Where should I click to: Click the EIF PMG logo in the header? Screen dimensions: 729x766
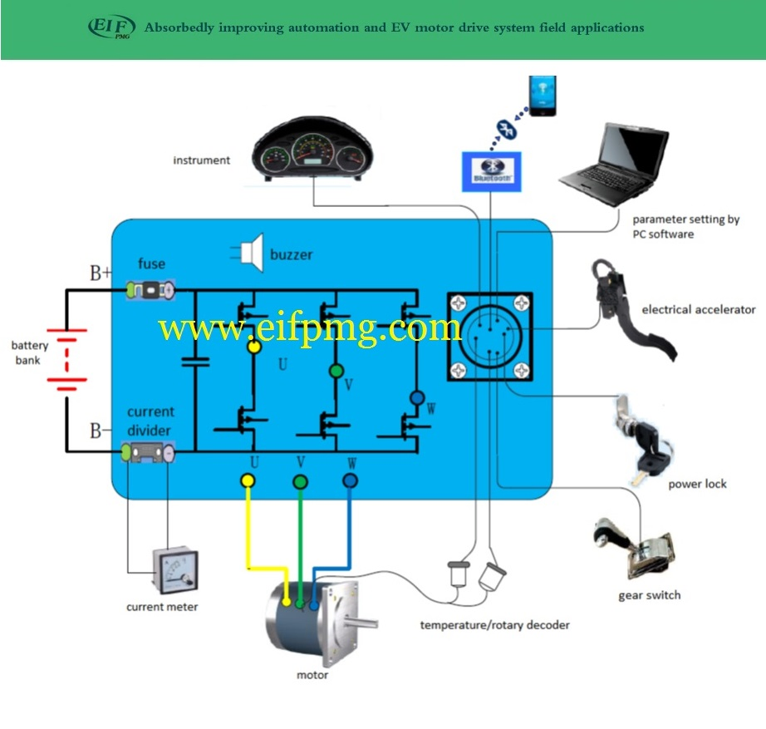pyautogui.click(x=111, y=27)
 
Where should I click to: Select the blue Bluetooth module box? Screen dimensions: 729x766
pyautogui.click(x=492, y=170)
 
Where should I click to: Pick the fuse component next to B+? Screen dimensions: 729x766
pyautogui.click(x=150, y=290)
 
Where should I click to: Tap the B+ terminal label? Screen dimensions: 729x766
pyautogui.click(x=101, y=273)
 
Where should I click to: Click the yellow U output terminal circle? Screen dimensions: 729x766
pyautogui.click(x=248, y=480)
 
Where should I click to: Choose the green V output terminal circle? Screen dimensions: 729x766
pyautogui.click(x=300, y=480)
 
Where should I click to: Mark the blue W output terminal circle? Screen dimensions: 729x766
pyautogui.click(x=350, y=480)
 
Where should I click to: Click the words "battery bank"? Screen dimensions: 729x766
pyautogui.click(x=30, y=352)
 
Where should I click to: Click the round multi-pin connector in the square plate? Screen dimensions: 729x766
pyautogui.click(x=489, y=334)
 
